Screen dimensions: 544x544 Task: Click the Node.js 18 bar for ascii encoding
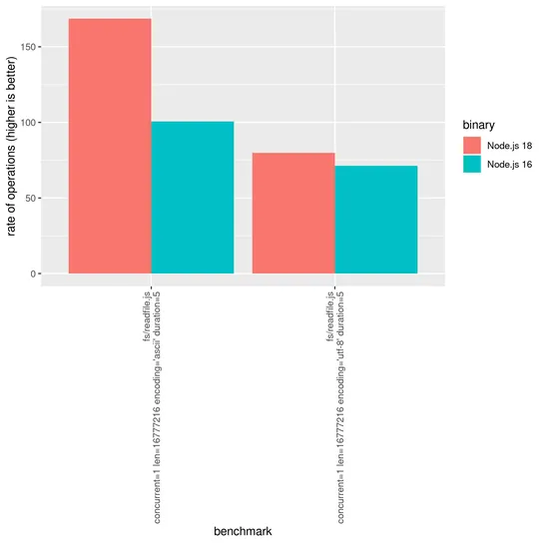click(109, 146)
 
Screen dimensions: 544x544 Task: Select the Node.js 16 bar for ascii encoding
click(192, 198)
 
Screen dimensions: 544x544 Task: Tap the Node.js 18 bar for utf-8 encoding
click(293, 213)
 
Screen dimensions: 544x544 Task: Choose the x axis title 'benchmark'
click(243, 532)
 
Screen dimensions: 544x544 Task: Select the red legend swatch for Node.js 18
click(472, 146)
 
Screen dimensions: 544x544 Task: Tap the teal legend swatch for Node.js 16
click(472, 164)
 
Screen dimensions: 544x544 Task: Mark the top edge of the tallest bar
click(109, 19)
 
